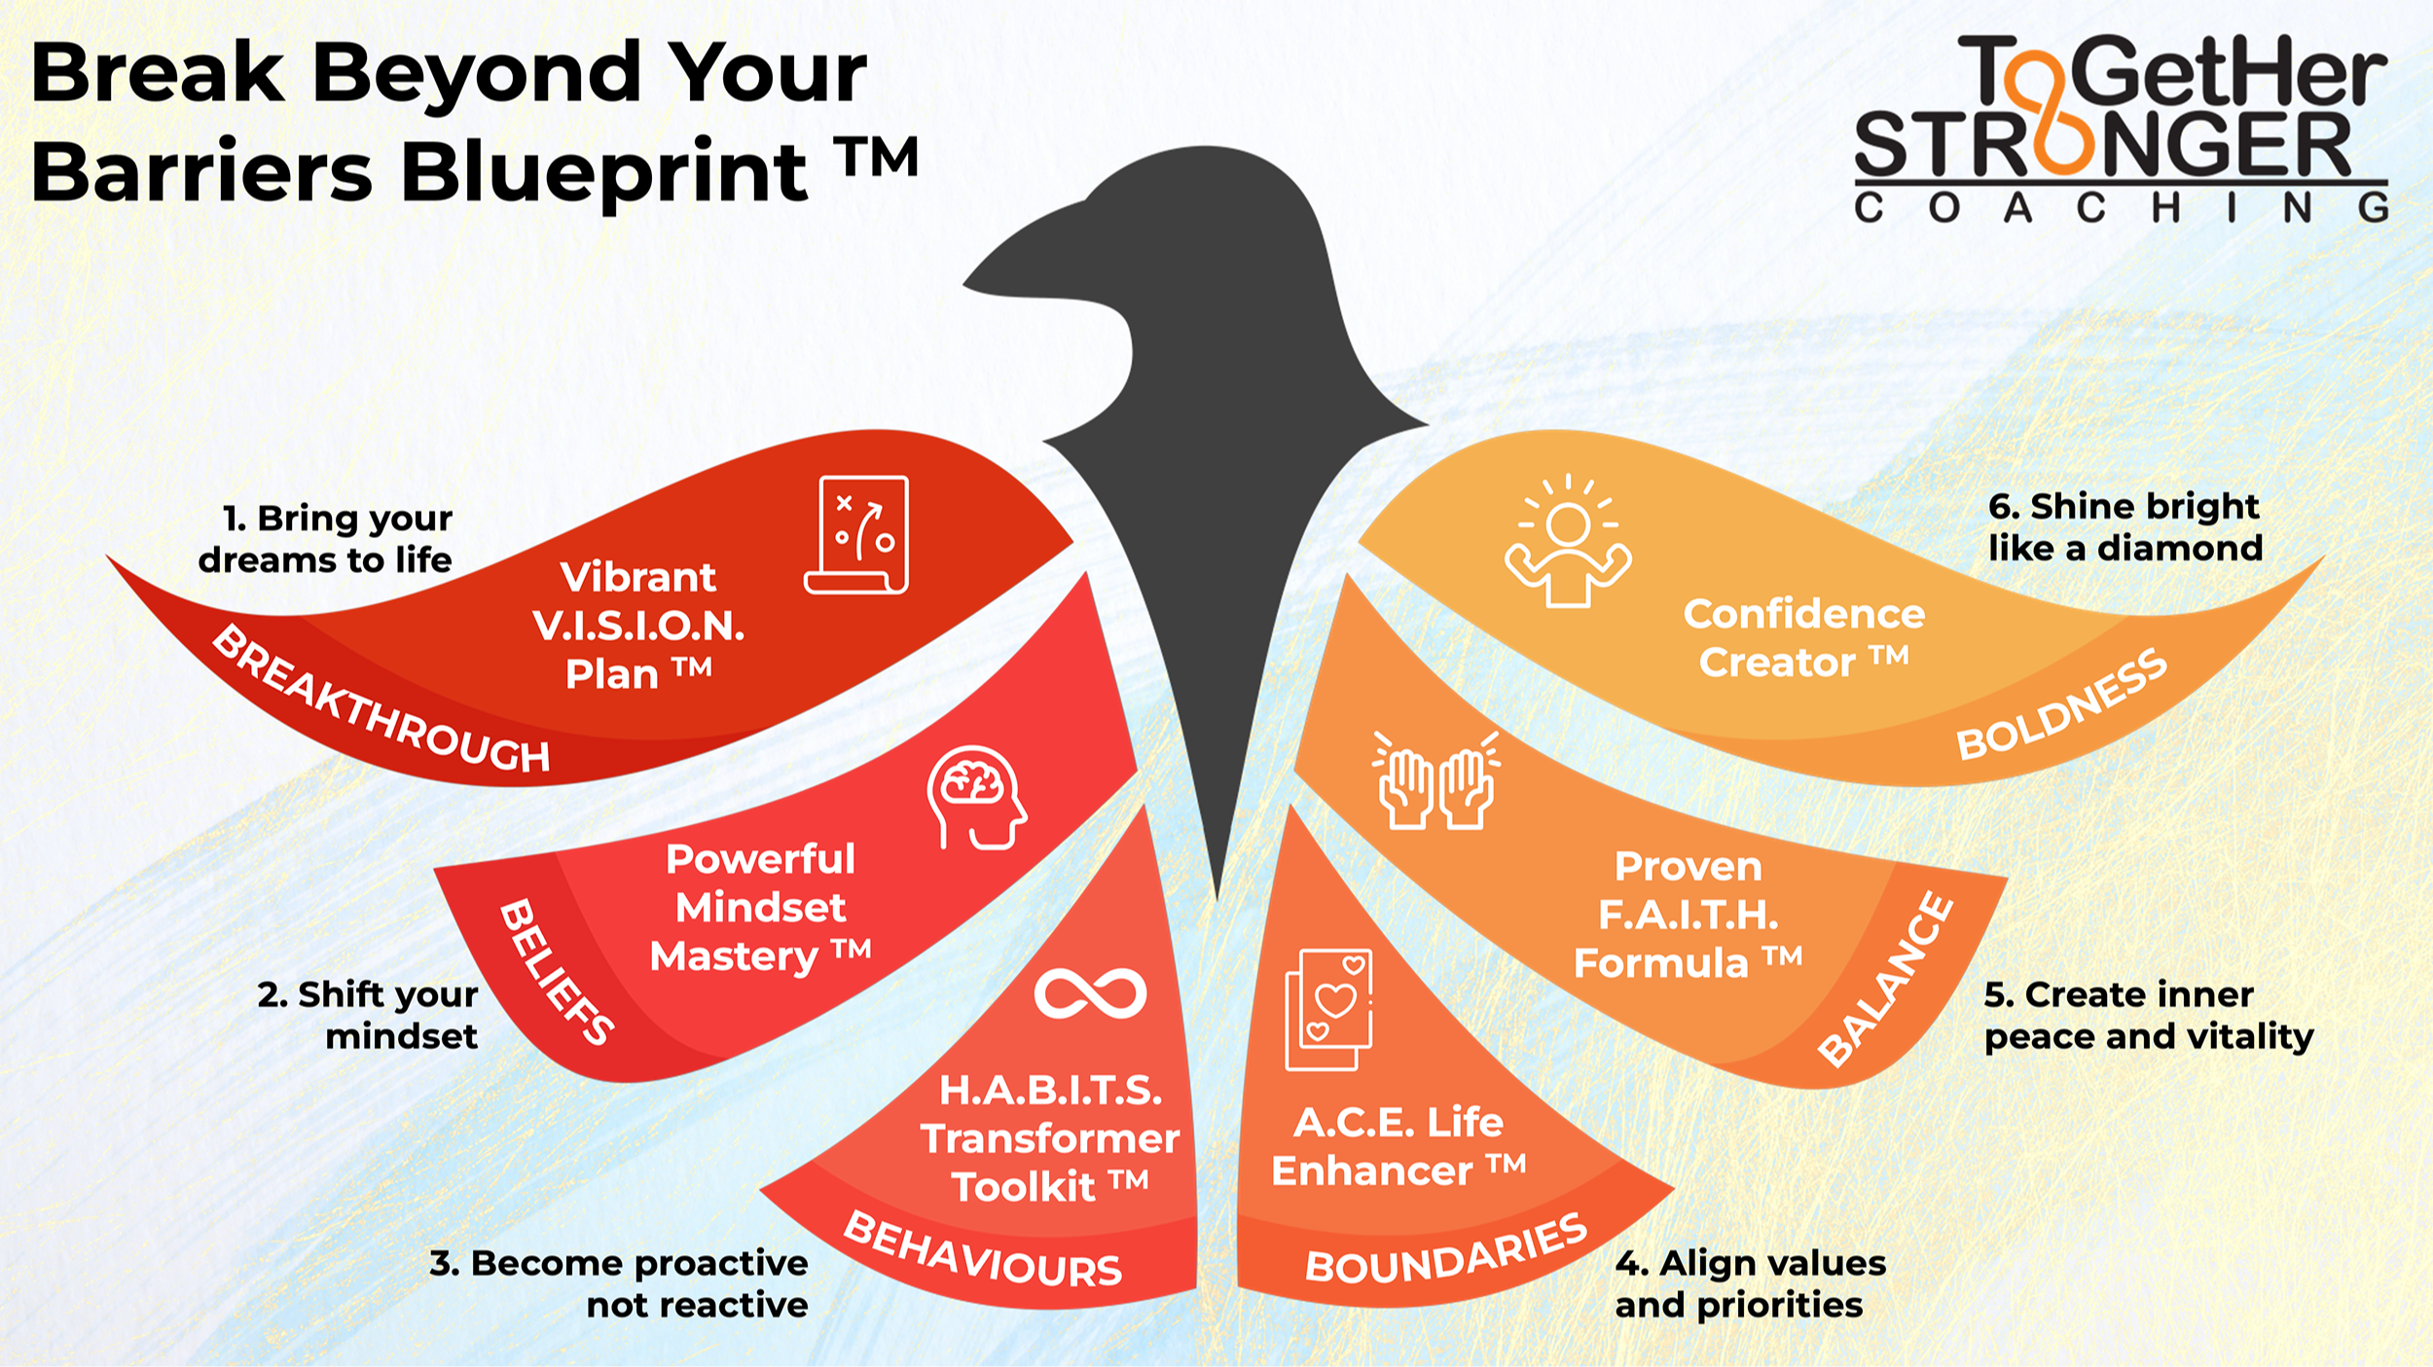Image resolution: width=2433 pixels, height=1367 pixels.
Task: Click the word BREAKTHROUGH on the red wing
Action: (x=381, y=701)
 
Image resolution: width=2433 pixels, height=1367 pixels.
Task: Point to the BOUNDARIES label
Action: (x=1446, y=1251)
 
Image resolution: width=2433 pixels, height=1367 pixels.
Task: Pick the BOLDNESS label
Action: (x=2062, y=705)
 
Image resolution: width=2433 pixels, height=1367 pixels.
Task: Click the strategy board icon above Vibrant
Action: (x=857, y=535)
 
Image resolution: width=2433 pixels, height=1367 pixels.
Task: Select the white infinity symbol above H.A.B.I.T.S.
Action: (x=1090, y=993)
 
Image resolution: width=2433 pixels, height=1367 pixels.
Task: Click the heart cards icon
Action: (x=1329, y=1009)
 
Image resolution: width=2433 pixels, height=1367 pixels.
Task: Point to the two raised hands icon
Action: (x=1436, y=782)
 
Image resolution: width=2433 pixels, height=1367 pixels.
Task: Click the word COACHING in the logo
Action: (x=2121, y=207)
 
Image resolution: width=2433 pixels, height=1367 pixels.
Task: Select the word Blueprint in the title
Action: (x=603, y=172)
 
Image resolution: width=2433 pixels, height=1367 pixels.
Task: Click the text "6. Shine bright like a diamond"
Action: (x=2125, y=527)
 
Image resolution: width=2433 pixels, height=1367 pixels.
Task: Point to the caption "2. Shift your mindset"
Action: (x=370, y=1015)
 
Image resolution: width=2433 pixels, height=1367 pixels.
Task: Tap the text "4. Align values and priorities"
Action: (x=1750, y=1283)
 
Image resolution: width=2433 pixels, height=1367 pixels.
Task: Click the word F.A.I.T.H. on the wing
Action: (x=1689, y=915)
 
